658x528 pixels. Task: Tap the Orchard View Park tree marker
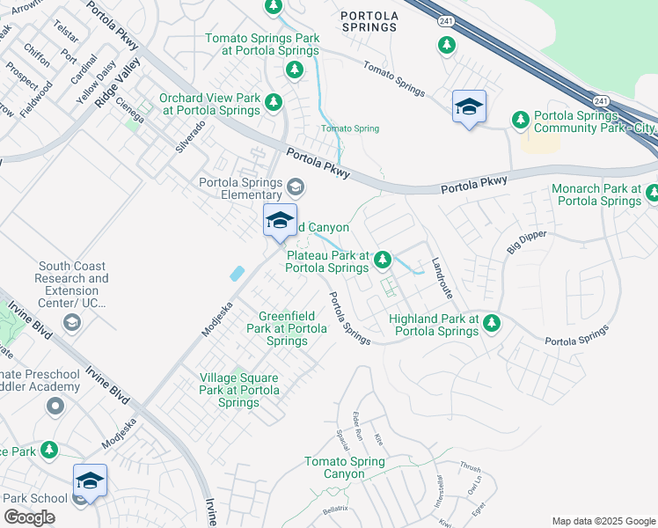[x=274, y=101]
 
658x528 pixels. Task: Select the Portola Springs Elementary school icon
[x=296, y=187]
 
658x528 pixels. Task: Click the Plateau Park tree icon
[x=383, y=260]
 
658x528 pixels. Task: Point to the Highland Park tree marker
[x=492, y=324]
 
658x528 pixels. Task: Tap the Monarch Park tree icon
[x=652, y=193]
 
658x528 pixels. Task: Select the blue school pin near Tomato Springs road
[x=469, y=107]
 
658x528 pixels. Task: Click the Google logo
[x=29, y=517]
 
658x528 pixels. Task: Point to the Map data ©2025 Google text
[x=603, y=521]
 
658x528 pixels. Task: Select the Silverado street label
[x=190, y=137]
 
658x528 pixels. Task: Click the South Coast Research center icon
[x=72, y=323]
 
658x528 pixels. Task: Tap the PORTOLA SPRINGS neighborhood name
[x=369, y=21]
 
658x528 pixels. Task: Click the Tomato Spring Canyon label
[x=344, y=467]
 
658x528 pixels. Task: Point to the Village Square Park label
[x=238, y=390]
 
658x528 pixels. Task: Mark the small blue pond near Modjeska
[x=237, y=274]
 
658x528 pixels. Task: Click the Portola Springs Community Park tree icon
[x=520, y=118]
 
